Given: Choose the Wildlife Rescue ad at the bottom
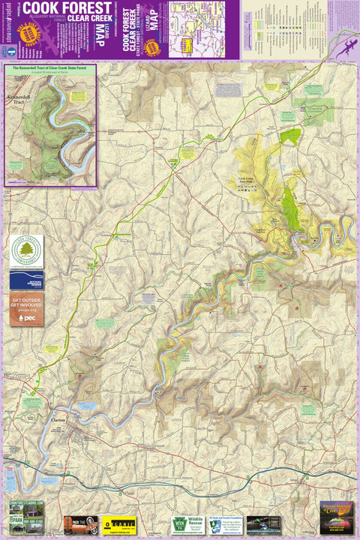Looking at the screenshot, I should [194, 523].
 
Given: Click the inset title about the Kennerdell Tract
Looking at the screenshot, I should [51, 68].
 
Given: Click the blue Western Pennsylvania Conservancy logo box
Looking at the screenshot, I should [26, 280].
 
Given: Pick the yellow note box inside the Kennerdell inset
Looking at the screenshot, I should [78, 97].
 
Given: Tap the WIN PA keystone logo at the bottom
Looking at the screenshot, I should [178, 523].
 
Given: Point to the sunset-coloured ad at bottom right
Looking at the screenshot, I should [335, 517].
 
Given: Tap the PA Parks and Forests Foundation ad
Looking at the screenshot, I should [224, 523].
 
